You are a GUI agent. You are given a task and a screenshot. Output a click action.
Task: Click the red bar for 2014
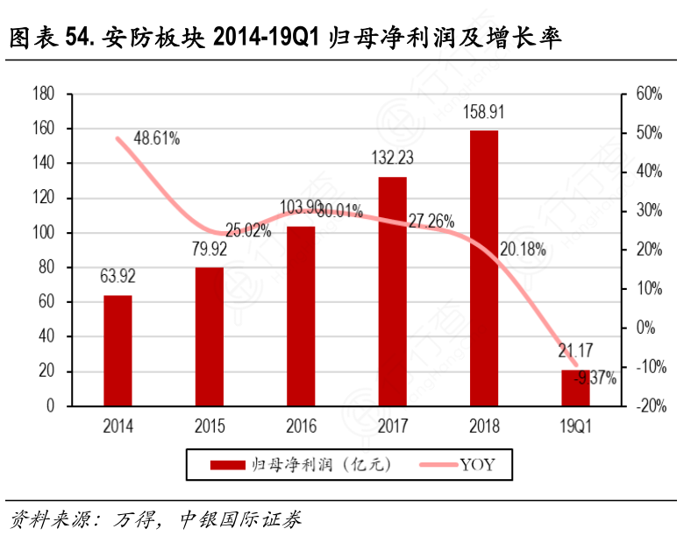118,350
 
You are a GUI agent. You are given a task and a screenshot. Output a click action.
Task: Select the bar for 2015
209,336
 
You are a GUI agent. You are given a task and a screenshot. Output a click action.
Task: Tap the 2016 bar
301,316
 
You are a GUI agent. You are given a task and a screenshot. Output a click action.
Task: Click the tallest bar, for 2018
483,268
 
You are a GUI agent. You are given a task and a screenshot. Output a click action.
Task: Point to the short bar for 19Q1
575,388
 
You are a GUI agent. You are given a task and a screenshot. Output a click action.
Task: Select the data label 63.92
118,278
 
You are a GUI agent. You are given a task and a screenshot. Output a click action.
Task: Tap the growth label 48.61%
157,138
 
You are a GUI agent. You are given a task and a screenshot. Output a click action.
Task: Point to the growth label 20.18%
523,249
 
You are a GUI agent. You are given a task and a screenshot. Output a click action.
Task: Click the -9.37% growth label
596,378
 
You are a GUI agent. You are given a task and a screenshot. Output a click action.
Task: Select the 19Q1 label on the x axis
575,427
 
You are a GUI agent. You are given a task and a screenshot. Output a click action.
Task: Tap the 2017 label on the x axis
392,427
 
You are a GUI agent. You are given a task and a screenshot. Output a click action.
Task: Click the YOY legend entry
478,464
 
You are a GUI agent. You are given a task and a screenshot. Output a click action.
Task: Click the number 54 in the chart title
77,38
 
